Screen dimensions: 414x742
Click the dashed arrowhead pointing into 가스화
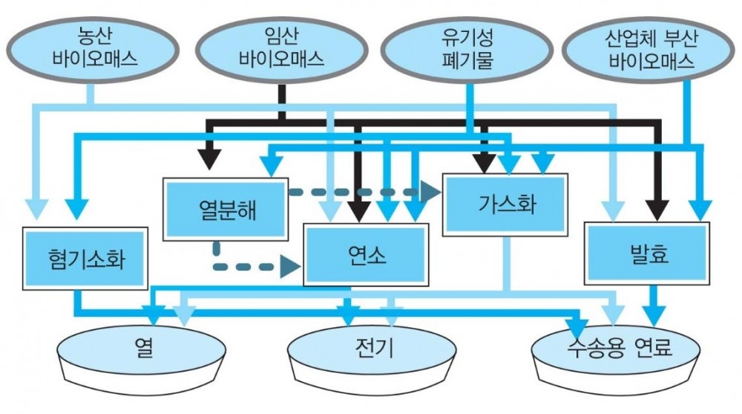[428, 191]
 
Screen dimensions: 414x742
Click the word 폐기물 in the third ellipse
[465, 58]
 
